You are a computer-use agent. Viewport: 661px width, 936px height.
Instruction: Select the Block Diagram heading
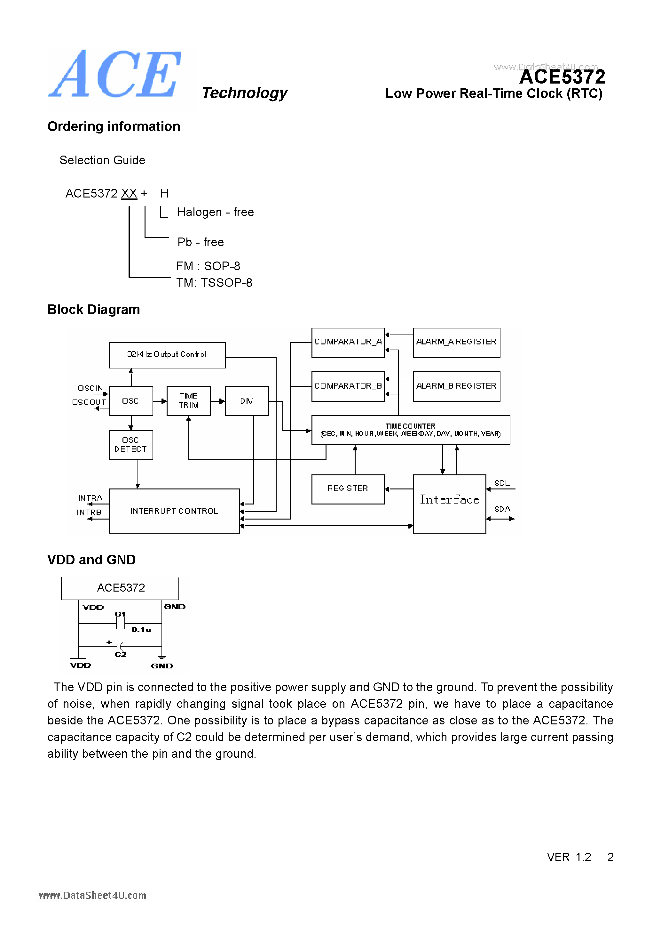point(94,310)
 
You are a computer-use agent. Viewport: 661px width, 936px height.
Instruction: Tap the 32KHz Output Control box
point(167,355)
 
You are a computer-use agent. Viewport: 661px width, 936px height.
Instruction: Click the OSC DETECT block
point(131,445)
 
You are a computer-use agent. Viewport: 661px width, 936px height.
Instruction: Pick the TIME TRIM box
point(189,401)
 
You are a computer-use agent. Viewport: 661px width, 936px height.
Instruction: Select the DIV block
point(247,401)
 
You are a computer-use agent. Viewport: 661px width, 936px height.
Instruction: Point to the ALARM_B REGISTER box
point(456,386)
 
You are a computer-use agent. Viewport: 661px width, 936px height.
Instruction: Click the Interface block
point(449,503)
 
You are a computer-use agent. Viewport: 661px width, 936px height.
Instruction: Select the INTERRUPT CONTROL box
point(174,511)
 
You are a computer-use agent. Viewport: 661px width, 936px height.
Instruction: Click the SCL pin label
point(502,483)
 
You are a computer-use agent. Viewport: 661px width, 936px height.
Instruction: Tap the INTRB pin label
point(89,512)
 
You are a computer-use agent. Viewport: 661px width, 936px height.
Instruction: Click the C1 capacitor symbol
point(120,623)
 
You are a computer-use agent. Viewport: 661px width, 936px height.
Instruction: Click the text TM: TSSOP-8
point(214,283)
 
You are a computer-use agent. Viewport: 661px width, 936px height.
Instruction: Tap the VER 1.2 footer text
point(569,857)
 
